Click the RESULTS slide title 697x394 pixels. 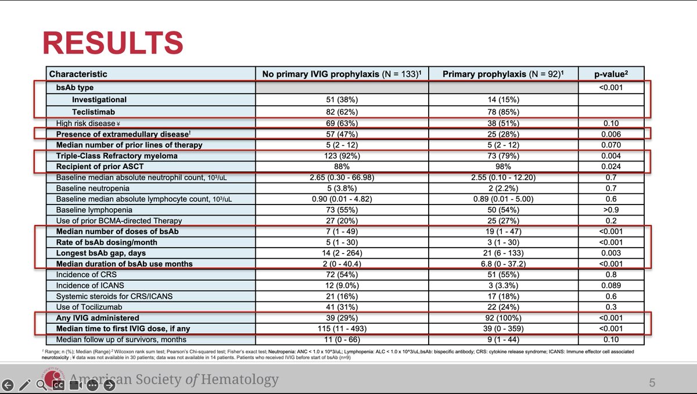click(x=113, y=42)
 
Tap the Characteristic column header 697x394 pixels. click(x=78, y=74)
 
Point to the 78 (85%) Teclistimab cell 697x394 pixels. click(x=503, y=112)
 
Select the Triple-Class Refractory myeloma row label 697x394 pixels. click(x=117, y=156)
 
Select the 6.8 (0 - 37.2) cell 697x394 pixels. click(x=503, y=264)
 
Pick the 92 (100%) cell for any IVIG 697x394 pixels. click(x=503, y=318)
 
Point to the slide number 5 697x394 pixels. click(x=652, y=382)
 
